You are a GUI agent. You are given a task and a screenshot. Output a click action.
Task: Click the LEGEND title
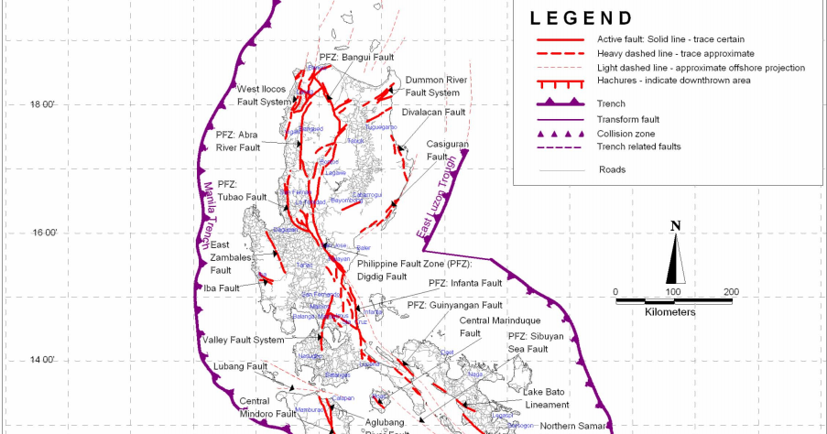(x=581, y=18)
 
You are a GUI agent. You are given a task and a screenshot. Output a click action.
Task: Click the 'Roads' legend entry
(x=614, y=169)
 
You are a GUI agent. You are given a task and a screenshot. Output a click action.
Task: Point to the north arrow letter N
(x=675, y=226)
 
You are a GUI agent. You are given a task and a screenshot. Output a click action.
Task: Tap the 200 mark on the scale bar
(x=731, y=292)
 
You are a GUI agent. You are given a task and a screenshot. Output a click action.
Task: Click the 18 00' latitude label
(x=43, y=104)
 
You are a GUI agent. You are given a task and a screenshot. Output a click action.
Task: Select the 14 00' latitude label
(x=43, y=360)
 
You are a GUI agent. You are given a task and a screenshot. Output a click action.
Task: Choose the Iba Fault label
(x=223, y=288)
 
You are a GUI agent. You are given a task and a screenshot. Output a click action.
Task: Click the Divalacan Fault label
(x=436, y=112)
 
